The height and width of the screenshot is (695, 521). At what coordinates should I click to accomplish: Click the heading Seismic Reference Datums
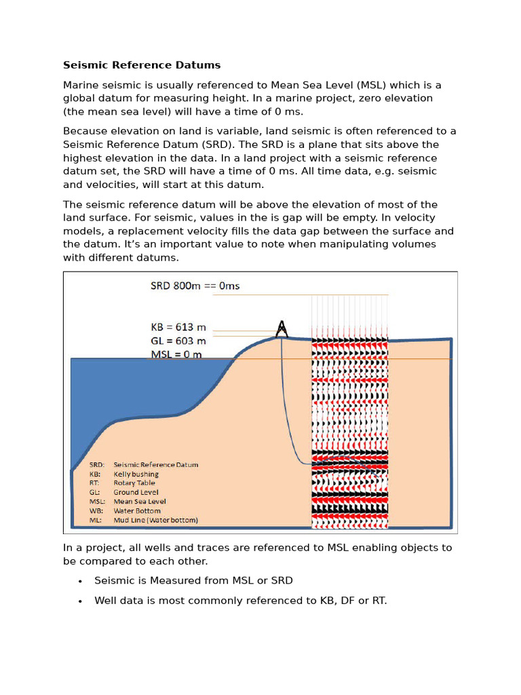tap(142, 65)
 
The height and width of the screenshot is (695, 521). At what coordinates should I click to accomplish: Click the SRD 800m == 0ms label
tap(195, 286)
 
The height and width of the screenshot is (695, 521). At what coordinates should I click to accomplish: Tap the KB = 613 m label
tap(178, 326)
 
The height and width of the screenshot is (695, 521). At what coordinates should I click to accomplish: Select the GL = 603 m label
tap(178, 341)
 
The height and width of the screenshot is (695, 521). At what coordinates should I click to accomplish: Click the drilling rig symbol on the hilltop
tap(282, 328)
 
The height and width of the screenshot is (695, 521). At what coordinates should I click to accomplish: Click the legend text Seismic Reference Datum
tap(156, 465)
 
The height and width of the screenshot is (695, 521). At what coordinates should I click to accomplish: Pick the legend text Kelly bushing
tap(136, 474)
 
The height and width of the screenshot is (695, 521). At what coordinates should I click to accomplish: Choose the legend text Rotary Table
tap(134, 483)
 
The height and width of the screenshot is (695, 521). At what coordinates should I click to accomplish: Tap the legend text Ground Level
tap(136, 493)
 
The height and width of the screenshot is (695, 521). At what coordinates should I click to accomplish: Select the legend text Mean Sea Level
tap(140, 502)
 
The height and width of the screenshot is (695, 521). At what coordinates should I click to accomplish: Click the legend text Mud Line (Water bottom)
tap(155, 521)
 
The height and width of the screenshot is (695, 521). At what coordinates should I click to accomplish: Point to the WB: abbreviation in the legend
tap(96, 511)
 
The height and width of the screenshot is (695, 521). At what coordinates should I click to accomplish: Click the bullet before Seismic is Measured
tap(80, 582)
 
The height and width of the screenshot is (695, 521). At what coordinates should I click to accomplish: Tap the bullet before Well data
tap(80, 601)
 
